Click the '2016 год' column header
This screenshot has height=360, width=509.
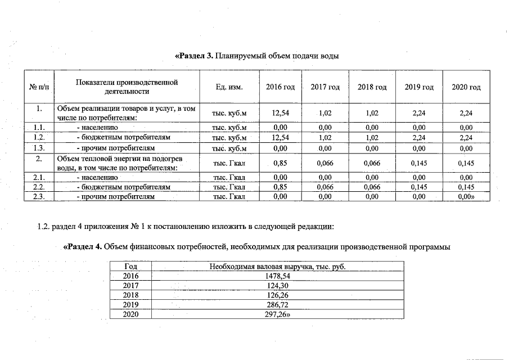point(280,87)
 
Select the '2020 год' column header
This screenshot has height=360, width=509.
point(466,87)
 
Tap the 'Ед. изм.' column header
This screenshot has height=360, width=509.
point(229,87)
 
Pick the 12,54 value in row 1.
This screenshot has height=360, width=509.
point(280,113)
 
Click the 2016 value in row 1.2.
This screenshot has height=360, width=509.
point(280,137)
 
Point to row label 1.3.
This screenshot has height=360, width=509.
point(38,148)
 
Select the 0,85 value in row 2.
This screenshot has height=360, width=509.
point(280,163)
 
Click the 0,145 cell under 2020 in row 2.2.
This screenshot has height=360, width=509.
point(466,187)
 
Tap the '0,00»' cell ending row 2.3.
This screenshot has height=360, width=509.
point(466,197)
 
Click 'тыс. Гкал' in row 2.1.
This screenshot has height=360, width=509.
point(229,177)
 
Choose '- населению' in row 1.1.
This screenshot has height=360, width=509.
point(97,128)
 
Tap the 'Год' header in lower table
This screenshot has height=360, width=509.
point(130,266)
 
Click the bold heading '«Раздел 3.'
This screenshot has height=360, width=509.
point(194,56)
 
